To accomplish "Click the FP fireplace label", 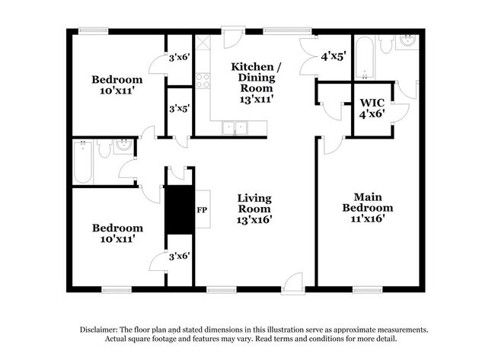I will coord(202,209).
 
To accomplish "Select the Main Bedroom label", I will coord(368,201).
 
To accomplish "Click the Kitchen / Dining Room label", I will coord(256,77).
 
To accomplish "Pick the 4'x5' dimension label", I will coord(333,56).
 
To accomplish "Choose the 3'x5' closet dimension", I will coord(178,108).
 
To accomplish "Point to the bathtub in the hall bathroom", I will coord(82,161).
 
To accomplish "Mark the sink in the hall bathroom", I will coord(123,147).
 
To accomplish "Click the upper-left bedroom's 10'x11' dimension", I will coord(117,90).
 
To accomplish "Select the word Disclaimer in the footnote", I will coord(102,330).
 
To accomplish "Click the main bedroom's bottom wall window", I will coord(368,288).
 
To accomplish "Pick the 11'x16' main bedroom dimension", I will coord(368,218).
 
